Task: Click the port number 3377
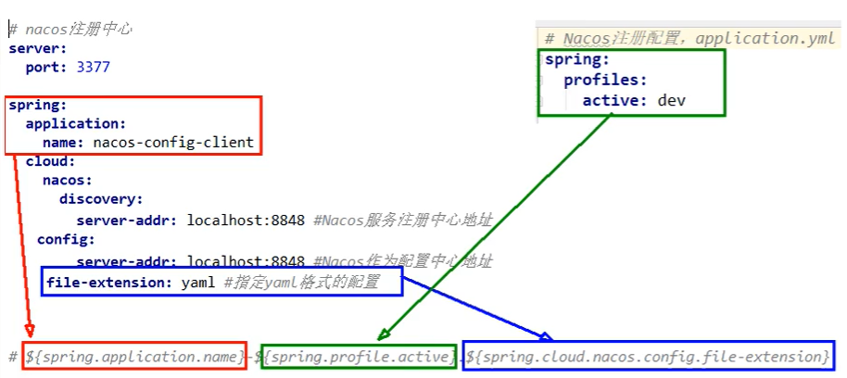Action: (x=92, y=67)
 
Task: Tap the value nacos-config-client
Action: (x=173, y=143)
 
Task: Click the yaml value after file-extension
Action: (x=199, y=282)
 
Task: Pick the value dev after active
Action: (x=671, y=100)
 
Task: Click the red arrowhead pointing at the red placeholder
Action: (x=31, y=331)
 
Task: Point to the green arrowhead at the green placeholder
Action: (x=382, y=335)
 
